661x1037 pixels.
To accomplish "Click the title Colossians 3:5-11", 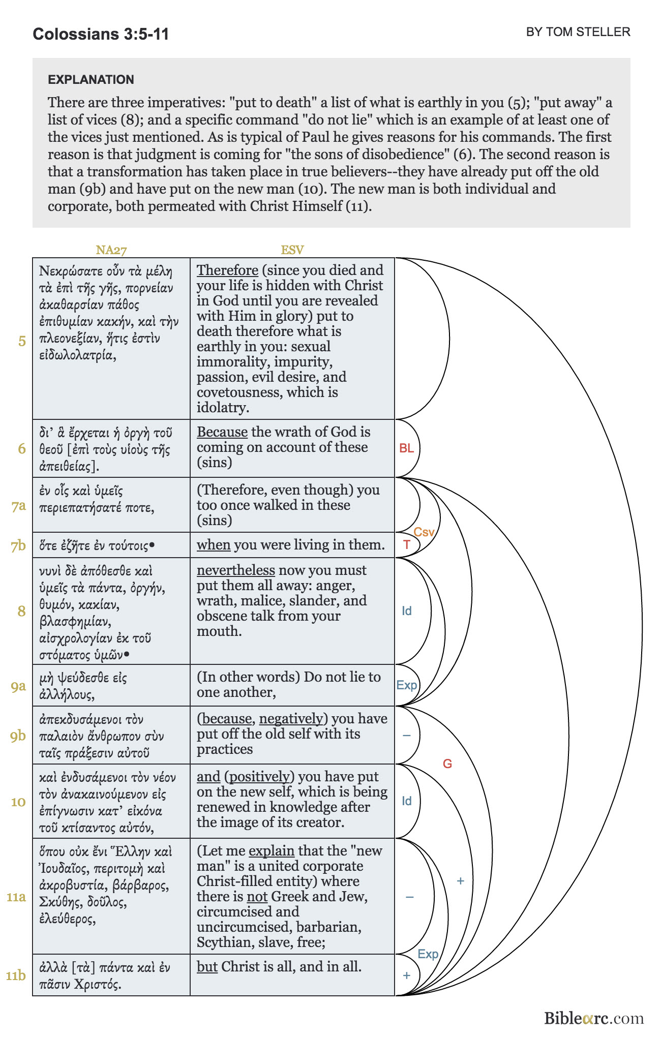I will (x=101, y=34).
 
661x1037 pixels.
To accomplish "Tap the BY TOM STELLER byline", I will (x=578, y=32).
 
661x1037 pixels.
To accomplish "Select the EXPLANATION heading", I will (x=91, y=80).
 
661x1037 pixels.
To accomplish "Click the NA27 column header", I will (x=111, y=250).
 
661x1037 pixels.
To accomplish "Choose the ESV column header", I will (x=292, y=250).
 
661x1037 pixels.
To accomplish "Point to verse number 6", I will (x=22, y=448).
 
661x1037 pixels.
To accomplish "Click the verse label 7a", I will (x=19, y=506).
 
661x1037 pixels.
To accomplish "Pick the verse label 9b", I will (x=18, y=736).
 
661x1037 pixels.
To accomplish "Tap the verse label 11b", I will (x=16, y=975).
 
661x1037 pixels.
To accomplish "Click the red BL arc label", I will (x=406, y=448).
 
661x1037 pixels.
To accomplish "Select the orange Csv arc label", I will (x=424, y=532).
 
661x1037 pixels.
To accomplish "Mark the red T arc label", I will (x=407, y=545).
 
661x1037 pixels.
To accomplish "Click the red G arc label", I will (x=447, y=764).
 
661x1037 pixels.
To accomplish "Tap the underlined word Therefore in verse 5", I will (x=227, y=270).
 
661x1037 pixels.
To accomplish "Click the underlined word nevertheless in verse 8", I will (x=236, y=570).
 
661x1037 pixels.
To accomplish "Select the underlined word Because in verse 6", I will (x=222, y=432).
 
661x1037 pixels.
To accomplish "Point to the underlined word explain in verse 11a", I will (x=272, y=851).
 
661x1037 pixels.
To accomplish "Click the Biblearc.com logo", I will (x=594, y=1018).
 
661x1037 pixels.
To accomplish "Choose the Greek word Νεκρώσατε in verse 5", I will (x=71, y=271).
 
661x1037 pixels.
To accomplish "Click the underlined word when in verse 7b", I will (x=214, y=545).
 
